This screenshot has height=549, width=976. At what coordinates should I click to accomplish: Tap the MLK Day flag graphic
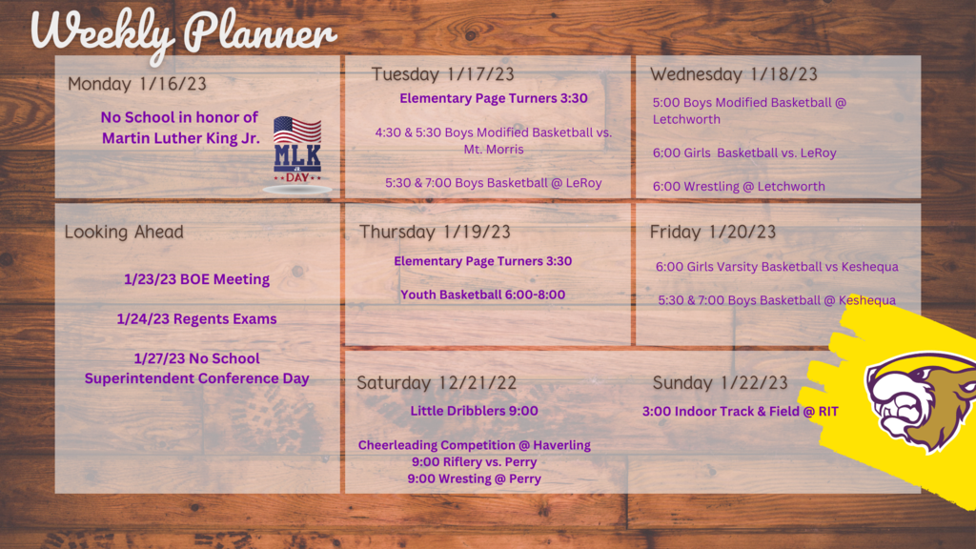(x=297, y=153)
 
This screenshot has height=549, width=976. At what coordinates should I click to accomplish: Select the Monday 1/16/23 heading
(x=137, y=84)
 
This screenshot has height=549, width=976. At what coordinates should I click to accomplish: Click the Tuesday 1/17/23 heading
(x=442, y=74)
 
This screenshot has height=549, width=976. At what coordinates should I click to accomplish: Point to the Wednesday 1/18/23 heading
(x=734, y=74)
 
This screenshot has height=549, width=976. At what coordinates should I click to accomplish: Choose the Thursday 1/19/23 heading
(x=435, y=232)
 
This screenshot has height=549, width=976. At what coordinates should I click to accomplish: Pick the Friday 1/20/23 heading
(x=713, y=232)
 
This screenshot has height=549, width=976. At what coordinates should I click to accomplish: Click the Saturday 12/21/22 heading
(x=437, y=383)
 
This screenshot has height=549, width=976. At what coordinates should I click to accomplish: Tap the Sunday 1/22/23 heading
(x=721, y=383)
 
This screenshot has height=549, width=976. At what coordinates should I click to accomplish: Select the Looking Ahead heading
(x=124, y=233)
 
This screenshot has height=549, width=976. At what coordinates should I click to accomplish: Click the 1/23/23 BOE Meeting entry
(x=196, y=279)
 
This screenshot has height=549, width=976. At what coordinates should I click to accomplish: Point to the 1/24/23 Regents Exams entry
(x=196, y=318)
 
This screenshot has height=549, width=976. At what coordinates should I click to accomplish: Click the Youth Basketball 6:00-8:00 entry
(x=482, y=295)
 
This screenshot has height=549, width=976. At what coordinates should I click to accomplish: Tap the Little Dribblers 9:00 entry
(x=474, y=411)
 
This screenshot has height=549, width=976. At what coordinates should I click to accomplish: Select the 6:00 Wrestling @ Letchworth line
(x=739, y=186)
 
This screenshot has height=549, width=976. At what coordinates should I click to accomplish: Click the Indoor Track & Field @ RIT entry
(x=740, y=412)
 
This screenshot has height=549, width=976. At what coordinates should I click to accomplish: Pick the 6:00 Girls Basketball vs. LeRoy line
(x=744, y=152)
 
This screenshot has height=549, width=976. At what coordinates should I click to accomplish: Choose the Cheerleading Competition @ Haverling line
(x=475, y=445)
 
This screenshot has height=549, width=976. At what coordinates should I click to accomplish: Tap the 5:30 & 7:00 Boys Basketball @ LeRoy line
(x=493, y=183)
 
